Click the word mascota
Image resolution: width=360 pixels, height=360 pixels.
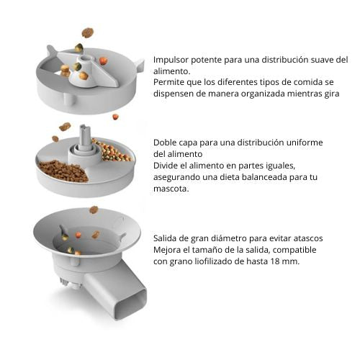(171, 189)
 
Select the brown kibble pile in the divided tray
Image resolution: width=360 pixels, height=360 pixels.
(63, 171)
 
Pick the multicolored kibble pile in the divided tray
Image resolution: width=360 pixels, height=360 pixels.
(111, 150)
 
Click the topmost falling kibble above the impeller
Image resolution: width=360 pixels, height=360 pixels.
(88, 32)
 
